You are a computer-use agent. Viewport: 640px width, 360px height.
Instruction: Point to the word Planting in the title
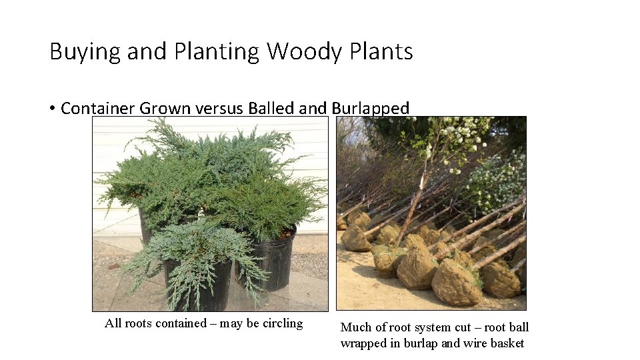coord(216,52)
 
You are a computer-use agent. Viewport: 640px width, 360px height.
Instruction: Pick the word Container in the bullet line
coord(98,108)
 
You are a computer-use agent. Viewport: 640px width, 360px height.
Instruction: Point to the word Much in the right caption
coord(355,327)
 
